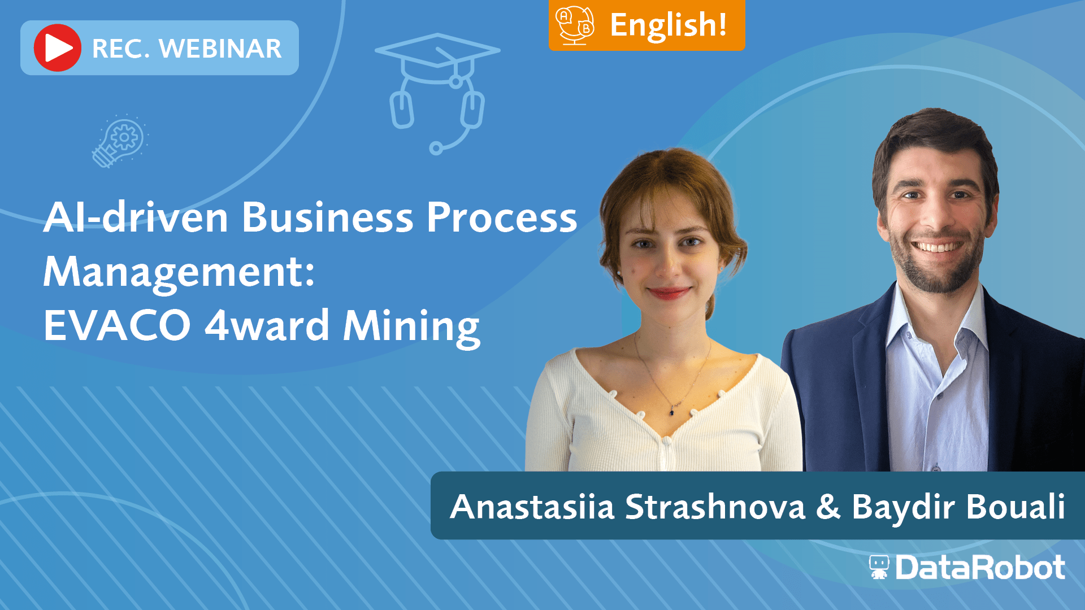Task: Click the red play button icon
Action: point(58,48)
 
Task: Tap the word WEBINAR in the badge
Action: point(220,49)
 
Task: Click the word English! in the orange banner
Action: point(669,25)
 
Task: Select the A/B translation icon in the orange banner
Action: point(575,25)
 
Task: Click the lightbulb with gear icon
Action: point(120,141)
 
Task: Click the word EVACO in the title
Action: point(117,325)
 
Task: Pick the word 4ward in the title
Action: point(267,325)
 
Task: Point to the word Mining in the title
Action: point(411,328)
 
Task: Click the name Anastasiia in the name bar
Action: point(532,507)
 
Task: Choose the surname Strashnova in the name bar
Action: point(715,507)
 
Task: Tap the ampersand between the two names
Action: point(828,507)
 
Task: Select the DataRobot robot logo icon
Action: point(879,567)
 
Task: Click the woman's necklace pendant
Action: point(672,411)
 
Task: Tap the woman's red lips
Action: point(669,293)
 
